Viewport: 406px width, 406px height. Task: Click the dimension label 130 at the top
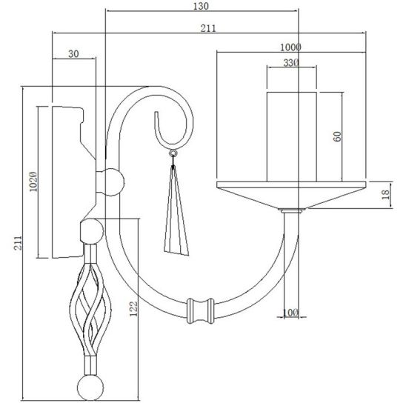pyautogui.click(x=201, y=6)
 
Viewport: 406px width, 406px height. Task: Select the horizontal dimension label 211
pyautogui.click(x=208, y=28)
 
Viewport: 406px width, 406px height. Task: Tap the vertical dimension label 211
pyautogui.click(x=18, y=242)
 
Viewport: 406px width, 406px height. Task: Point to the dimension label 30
pyautogui.click(x=73, y=54)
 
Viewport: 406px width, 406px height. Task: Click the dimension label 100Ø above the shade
pyautogui.click(x=290, y=47)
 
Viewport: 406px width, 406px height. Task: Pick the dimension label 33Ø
pyautogui.click(x=291, y=63)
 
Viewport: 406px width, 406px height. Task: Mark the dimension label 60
pyautogui.click(x=337, y=136)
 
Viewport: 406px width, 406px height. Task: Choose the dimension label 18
pyautogui.click(x=385, y=194)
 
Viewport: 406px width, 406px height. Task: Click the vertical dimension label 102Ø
pyautogui.click(x=33, y=182)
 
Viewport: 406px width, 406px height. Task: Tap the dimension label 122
pyautogui.click(x=133, y=309)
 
